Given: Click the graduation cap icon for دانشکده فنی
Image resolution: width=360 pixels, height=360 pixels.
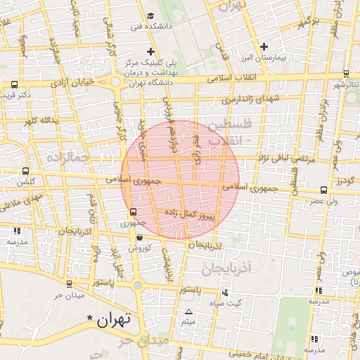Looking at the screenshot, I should (x=150, y=16).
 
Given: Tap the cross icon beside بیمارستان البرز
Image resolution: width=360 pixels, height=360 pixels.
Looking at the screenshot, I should (x=264, y=46).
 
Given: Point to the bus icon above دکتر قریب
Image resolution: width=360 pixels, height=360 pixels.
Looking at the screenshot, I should (x=15, y=84).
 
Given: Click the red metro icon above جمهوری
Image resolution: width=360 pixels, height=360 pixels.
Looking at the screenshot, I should (x=132, y=212).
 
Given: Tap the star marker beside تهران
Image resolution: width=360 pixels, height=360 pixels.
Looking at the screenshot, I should (x=89, y=319).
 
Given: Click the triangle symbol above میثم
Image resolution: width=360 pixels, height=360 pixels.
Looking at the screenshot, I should (x=188, y=312).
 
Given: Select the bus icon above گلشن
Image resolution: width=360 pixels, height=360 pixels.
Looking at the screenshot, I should (x=26, y=171).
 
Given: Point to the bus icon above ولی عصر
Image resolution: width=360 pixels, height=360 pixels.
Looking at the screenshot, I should (x=323, y=190).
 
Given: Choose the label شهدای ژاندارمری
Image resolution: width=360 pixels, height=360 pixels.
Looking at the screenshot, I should (x=251, y=98).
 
